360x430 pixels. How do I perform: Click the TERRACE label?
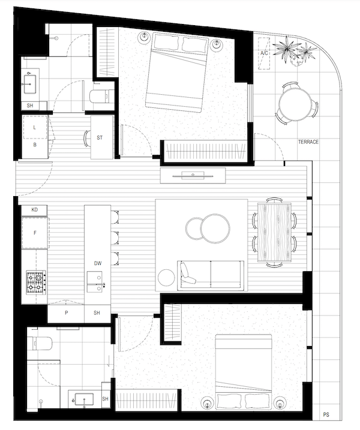[x=308, y=142]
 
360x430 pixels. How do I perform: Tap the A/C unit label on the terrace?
[x=264, y=53]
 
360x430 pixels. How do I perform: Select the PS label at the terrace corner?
[x=326, y=414]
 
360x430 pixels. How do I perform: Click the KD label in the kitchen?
[x=35, y=210]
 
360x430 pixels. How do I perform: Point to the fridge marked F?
[x=35, y=233]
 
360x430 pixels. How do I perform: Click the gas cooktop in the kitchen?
[x=36, y=282]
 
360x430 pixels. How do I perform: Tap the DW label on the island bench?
[x=98, y=263]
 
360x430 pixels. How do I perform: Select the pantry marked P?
[x=66, y=312]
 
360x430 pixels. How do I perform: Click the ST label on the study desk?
[x=100, y=138]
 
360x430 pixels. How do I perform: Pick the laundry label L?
[x=35, y=128]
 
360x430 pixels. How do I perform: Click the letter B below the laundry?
[x=35, y=145]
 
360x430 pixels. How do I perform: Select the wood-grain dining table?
[x=274, y=232]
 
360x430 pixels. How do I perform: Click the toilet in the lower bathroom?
[x=42, y=343]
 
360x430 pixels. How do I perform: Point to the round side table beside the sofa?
[x=166, y=277]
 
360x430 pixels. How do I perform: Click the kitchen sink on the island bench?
[x=95, y=282]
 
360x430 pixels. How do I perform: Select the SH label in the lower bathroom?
[x=106, y=399]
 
